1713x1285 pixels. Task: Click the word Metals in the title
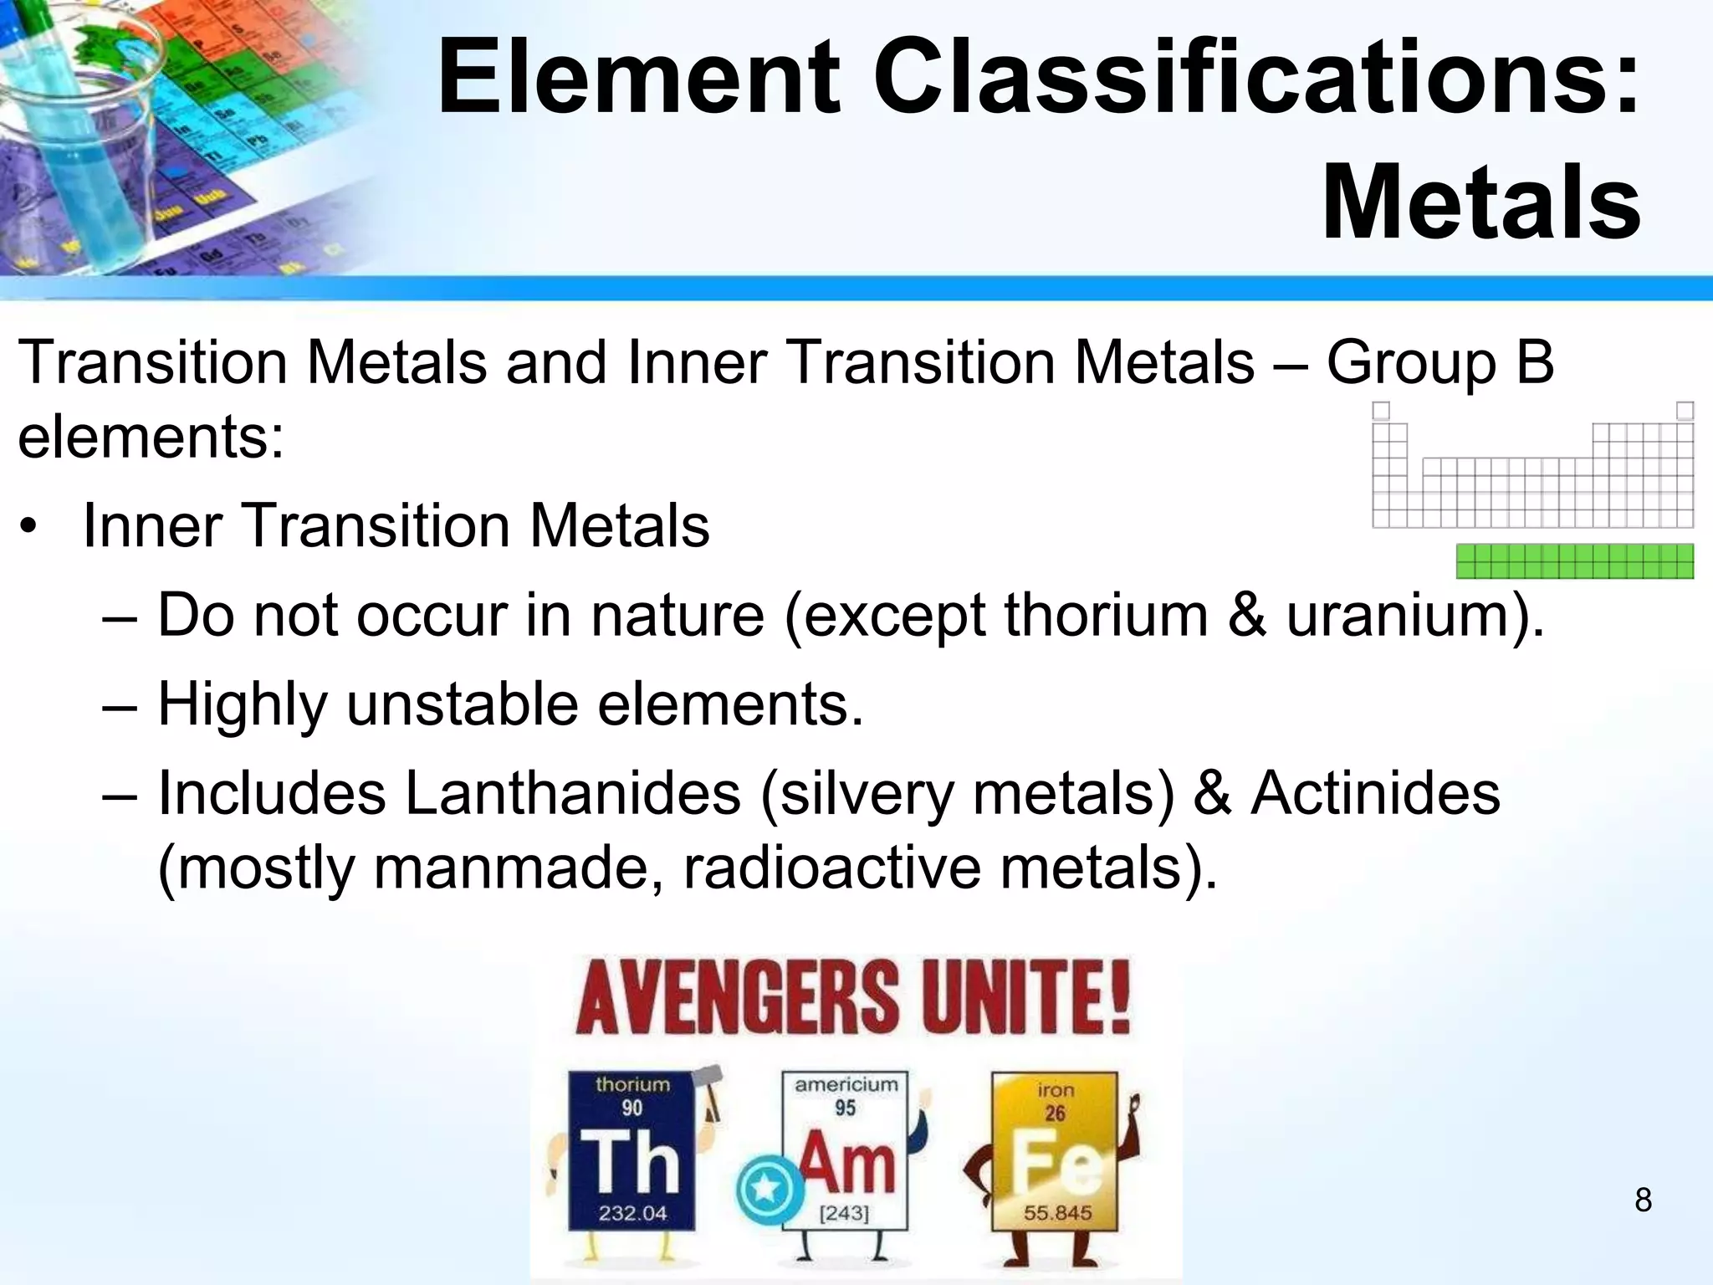click(x=1480, y=205)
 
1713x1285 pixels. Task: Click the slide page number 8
click(x=1643, y=1201)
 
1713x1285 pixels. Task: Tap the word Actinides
click(x=1375, y=792)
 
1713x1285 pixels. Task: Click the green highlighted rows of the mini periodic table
click(x=1574, y=561)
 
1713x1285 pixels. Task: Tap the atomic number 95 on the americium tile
click(x=845, y=1108)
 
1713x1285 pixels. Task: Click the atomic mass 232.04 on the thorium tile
click(x=632, y=1213)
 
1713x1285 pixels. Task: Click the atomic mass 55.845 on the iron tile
click(x=1057, y=1213)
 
